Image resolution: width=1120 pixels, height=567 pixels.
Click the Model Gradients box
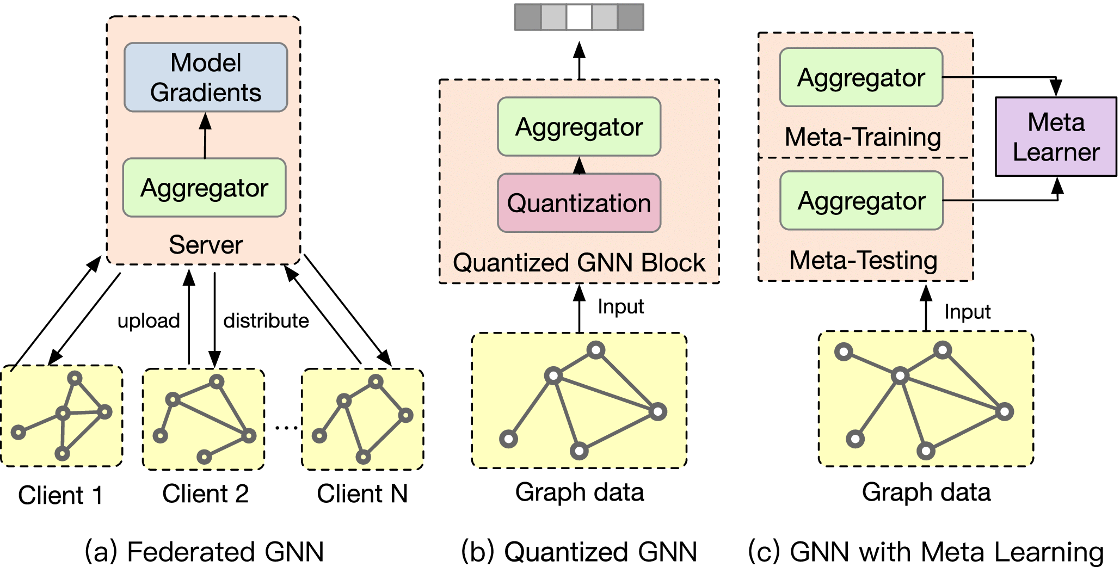pyautogui.click(x=206, y=77)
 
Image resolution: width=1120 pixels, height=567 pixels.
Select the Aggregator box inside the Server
pyautogui.click(x=204, y=188)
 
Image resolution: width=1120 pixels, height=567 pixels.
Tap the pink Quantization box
pyautogui.click(x=579, y=203)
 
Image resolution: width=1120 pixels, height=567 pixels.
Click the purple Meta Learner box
pyautogui.click(x=1056, y=137)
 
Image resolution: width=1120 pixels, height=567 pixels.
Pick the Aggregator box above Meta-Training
pyautogui.click(x=861, y=77)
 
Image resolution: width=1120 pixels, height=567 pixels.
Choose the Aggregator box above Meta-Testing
pyautogui.click(x=861, y=201)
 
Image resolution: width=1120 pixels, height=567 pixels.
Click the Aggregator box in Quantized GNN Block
pyautogui.click(x=579, y=127)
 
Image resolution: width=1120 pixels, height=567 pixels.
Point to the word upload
pyautogui.click(x=149, y=321)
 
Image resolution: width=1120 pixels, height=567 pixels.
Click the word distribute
pyautogui.click(x=266, y=321)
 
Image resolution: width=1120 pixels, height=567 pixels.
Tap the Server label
pyautogui.click(x=206, y=244)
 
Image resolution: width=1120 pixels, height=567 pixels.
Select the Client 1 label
pyautogui.click(x=60, y=495)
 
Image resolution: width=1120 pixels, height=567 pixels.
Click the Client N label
pyautogui.click(x=362, y=494)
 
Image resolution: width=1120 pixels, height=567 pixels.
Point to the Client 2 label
pyautogui.click(x=205, y=494)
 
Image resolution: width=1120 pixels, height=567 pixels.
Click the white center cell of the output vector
pyautogui.click(x=579, y=17)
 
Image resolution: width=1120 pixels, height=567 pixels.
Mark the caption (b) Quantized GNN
pyautogui.click(x=579, y=551)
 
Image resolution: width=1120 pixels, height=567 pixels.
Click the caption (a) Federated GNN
pyautogui.click(x=204, y=551)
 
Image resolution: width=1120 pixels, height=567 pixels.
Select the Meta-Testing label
pyautogui.click(x=863, y=260)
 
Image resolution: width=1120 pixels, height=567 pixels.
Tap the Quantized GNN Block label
pyautogui.click(x=579, y=262)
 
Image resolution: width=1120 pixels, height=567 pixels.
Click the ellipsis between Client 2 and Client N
pyautogui.click(x=286, y=428)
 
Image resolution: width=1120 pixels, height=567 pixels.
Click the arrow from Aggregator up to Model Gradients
pyautogui.click(x=205, y=135)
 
